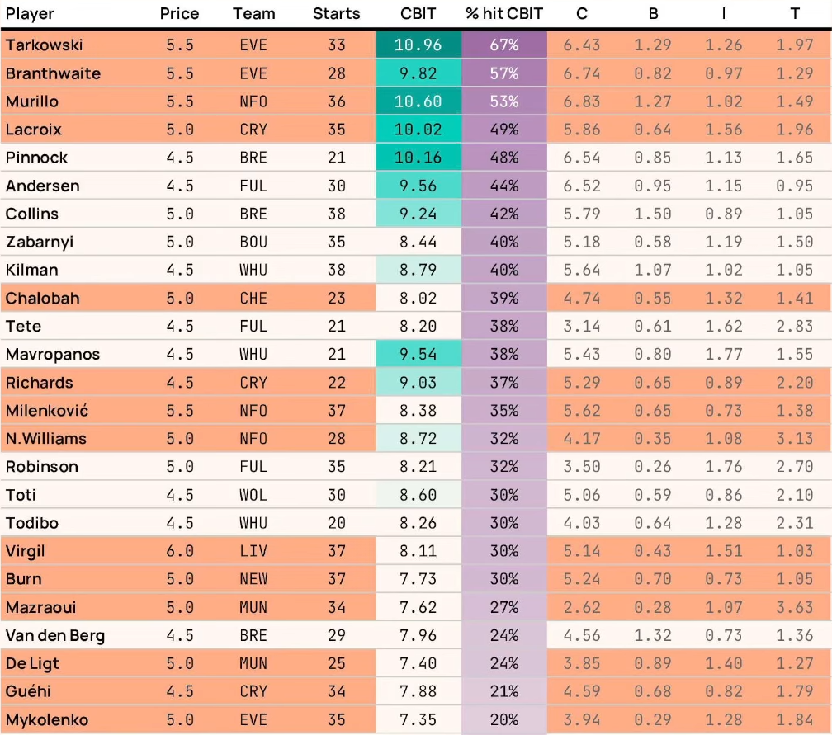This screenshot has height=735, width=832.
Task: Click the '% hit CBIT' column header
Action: [x=504, y=14]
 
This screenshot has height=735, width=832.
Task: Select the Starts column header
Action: [x=337, y=14]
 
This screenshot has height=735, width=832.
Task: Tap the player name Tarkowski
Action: [x=44, y=45]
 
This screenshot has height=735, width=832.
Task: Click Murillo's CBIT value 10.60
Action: [x=418, y=101]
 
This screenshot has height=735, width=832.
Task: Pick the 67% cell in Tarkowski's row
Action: [x=504, y=45]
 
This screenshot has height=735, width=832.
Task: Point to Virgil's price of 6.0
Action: [x=180, y=551]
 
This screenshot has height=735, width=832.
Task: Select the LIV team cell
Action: [x=253, y=551]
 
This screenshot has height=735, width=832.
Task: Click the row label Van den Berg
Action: [x=55, y=635]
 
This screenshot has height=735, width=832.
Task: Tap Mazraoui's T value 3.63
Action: [x=795, y=607]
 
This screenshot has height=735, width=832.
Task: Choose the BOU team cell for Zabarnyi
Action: [x=253, y=242]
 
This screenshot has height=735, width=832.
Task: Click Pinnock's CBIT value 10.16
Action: [x=418, y=158]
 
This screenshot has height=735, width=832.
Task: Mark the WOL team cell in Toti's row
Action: [x=253, y=495]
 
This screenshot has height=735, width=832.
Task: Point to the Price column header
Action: [x=179, y=14]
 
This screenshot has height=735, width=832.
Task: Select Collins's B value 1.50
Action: [x=653, y=214]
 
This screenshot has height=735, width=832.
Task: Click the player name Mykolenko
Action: [x=47, y=719]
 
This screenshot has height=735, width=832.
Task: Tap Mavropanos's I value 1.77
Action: [x=724, y=354]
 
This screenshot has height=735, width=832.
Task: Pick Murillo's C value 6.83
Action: [x=582, y=101]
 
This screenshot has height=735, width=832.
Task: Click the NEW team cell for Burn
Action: [x=253, y=579]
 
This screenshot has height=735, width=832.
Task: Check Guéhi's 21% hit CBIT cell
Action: [x=504, y=691]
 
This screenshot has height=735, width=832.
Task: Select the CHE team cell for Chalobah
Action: [x=253, y=298]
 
